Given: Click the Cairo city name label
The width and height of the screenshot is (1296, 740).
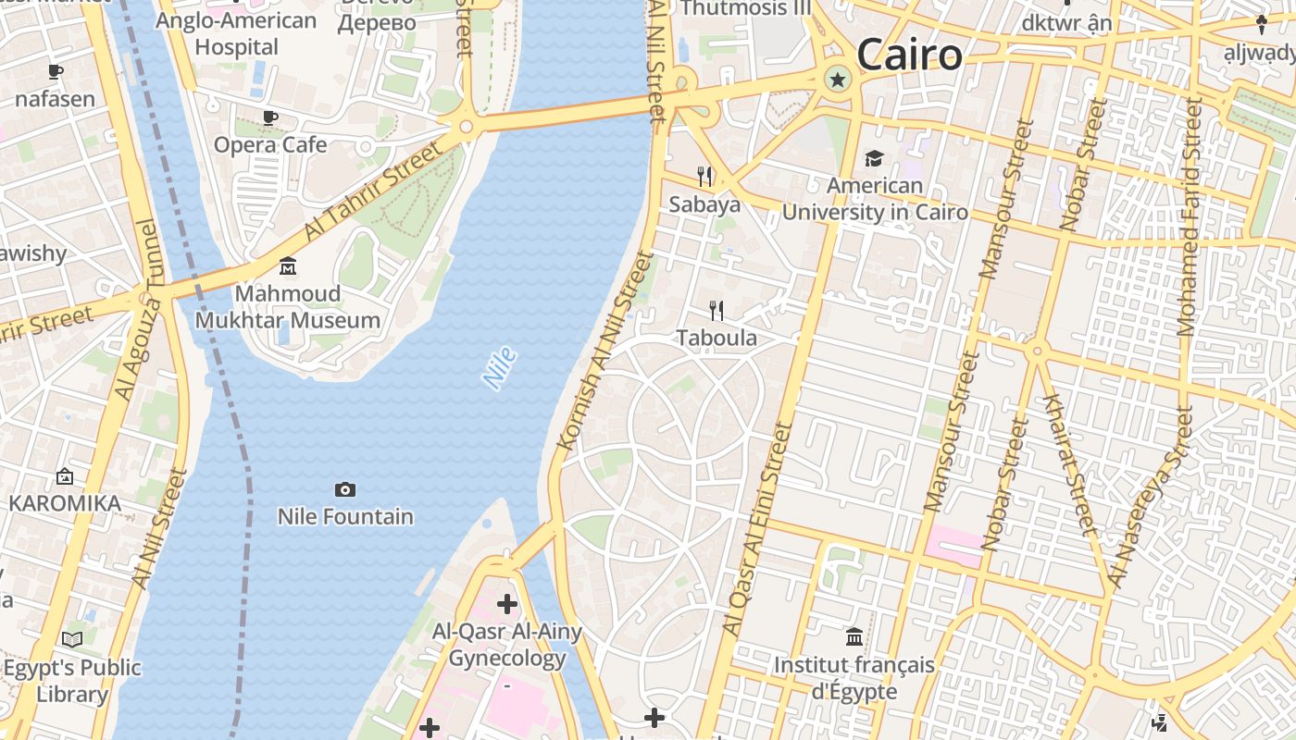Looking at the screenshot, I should (909, 55).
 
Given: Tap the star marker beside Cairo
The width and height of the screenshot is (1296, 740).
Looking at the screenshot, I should (838, 80).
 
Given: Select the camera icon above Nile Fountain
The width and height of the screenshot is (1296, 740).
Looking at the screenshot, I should (345, 489).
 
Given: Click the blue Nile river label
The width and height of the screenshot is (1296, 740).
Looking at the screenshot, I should (500, 367).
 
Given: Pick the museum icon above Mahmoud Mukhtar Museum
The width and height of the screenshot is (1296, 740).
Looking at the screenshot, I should (288, 266).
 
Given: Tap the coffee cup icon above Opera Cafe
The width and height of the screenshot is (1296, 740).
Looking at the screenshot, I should (270, 117).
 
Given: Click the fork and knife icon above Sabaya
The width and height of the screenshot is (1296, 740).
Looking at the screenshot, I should (704, 177).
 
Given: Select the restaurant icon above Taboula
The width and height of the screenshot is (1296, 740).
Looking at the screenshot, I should (717, 311).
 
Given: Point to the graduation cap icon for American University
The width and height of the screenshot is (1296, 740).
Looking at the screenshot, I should (874, 159).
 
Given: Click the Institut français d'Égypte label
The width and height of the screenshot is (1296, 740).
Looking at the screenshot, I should (854, 678).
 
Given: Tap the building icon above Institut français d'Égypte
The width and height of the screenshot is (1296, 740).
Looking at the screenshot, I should (854, 636).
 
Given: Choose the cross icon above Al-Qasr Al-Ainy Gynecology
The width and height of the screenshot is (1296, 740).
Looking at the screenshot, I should (507, 605).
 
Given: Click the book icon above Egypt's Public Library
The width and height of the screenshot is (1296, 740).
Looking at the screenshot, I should (72, 639).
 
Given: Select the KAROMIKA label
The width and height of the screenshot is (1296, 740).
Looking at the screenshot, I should (65, 503).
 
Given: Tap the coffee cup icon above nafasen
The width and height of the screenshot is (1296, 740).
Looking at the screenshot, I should (55, 71).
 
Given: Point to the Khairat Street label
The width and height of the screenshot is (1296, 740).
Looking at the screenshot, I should (1070, 464).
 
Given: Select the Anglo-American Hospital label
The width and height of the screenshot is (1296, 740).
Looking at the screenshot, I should (236, 33).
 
